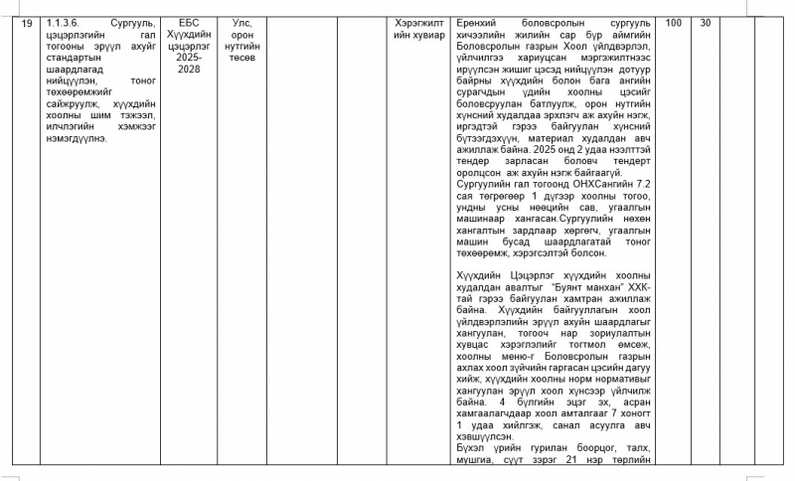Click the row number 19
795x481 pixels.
click(x=27, y=22)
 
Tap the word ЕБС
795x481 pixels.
click(x=189, y=22)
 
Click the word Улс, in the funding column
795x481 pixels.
click(x=241, y=22)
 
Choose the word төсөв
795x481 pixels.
click(x=241, y=58)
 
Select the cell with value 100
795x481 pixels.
click(x=673, y=22)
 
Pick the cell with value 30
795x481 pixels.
click(x=705, y=22)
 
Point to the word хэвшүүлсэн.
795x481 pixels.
click(x=484, y=435)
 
